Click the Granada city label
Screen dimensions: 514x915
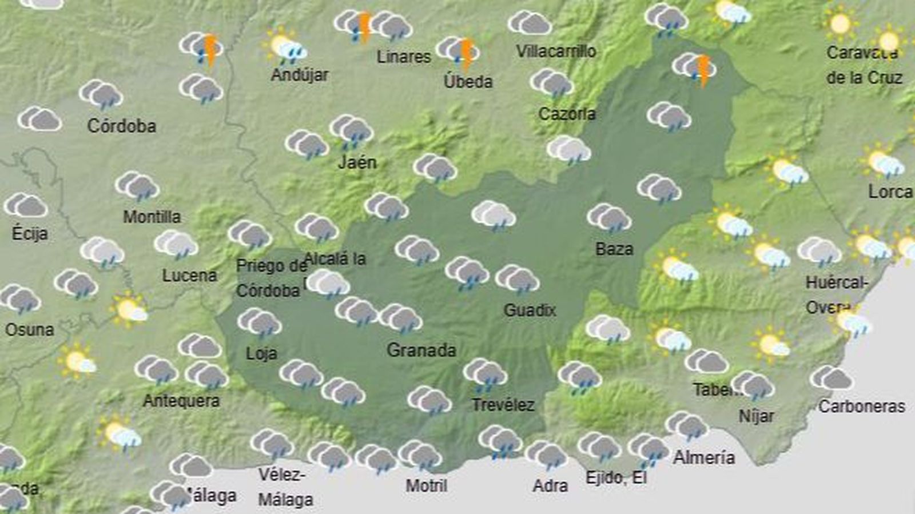point(421,350)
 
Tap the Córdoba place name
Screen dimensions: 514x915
point(121,126)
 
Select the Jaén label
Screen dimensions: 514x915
point(357,162)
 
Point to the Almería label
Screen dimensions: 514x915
point(703,457)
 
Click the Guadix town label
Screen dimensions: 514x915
point(530,310)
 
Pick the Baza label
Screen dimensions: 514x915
point(614,249)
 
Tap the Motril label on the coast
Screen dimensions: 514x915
point(427,486)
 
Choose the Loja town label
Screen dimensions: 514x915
point(261,353)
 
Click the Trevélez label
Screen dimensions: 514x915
point(503,405)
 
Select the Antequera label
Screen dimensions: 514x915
point(181,401)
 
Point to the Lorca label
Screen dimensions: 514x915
point(890,192)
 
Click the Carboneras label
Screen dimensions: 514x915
point(861,407)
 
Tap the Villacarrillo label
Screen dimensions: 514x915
point(556,51)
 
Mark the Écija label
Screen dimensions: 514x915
point(30,233)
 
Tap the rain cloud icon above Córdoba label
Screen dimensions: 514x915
point(101,94)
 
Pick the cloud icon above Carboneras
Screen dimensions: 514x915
point(832,378)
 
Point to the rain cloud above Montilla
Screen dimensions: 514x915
point(137,186)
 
